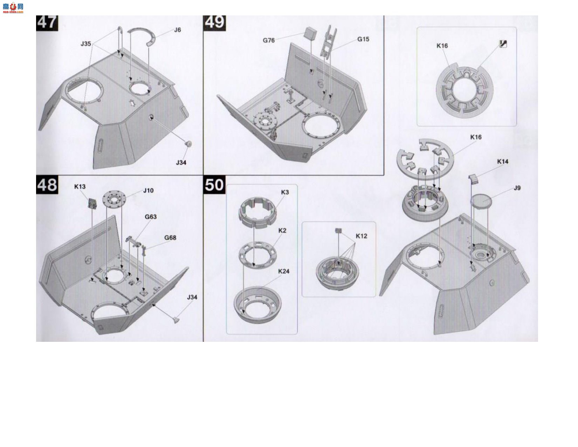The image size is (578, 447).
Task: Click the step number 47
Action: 47,23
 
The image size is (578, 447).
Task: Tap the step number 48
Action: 47,184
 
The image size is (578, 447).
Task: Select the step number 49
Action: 214,23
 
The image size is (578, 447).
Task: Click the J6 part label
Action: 177,30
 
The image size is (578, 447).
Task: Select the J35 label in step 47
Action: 86,44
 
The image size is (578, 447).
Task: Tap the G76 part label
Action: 269,40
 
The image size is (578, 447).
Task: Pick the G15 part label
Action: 363,39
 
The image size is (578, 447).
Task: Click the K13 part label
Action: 80,187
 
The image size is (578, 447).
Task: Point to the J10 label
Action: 148,191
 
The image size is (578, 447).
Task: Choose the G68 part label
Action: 170,238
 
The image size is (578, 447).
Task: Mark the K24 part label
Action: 283,271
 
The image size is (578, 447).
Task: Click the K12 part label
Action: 362,236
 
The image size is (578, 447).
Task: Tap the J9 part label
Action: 517,188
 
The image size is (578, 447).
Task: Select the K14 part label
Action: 502,162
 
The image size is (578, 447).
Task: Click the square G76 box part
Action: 311,33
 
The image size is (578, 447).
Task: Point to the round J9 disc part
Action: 481,201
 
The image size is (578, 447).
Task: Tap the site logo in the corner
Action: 13,8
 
